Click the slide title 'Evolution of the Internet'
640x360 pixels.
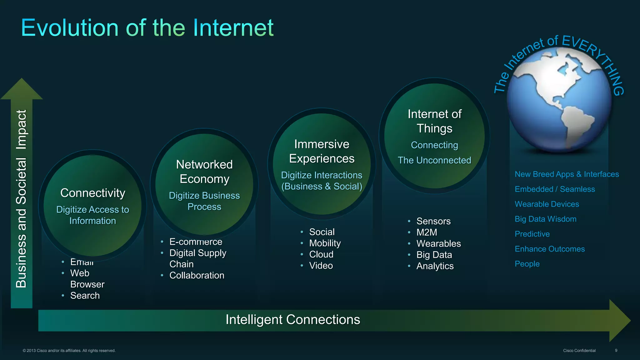coord(147,28)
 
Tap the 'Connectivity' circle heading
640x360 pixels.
coord(93,193)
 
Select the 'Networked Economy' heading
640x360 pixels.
coord(204,172)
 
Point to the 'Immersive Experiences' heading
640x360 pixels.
coord(322,151)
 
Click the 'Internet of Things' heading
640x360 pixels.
coord(434,121)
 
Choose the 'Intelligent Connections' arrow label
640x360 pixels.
coord(293,320)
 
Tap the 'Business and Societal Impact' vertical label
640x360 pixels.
coord(22,199)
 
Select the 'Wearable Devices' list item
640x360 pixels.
coord(547,204)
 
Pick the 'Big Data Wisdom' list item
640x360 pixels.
coord(546,219)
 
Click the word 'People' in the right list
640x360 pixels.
coord(527,264)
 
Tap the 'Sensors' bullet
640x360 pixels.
coord(433,221)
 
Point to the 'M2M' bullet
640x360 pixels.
coord(427,232)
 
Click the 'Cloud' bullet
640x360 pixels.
coord(321,254)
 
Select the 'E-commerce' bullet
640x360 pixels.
coord(196,242)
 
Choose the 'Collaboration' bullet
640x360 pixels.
coord(197,275)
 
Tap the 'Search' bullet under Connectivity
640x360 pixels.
coord(85,296)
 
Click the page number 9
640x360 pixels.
coord(616,351)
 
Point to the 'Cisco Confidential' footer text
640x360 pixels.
coord(579,351)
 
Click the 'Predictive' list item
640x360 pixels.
coord(532,234)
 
